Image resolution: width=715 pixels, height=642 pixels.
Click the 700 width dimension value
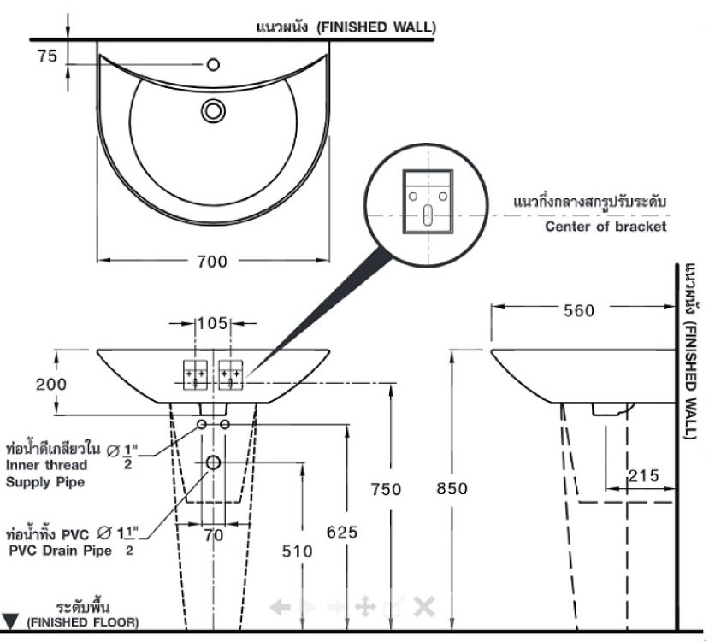click(x=212, y=262)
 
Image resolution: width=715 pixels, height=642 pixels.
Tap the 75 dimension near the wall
click(x=48, y=56)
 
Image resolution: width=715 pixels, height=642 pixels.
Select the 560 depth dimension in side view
click(x=579, y=311)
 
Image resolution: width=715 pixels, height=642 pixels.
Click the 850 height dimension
click(x=452, y=489)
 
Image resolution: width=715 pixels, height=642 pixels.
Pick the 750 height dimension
click(x=387, y=489)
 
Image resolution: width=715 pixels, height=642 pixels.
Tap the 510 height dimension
click(x=297, y=551)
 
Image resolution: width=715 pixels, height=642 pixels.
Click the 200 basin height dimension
click(x=51, y=384)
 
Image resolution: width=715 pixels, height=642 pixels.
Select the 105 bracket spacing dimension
click(x=212, y=323)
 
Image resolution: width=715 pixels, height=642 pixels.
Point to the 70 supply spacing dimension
click(x=214, y=536)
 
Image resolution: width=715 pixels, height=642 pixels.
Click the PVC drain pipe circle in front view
click(x=213, y=463)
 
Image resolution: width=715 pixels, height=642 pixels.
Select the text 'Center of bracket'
click(x=606, y=227)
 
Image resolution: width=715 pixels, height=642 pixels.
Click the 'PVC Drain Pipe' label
click(x=60, y=551)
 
